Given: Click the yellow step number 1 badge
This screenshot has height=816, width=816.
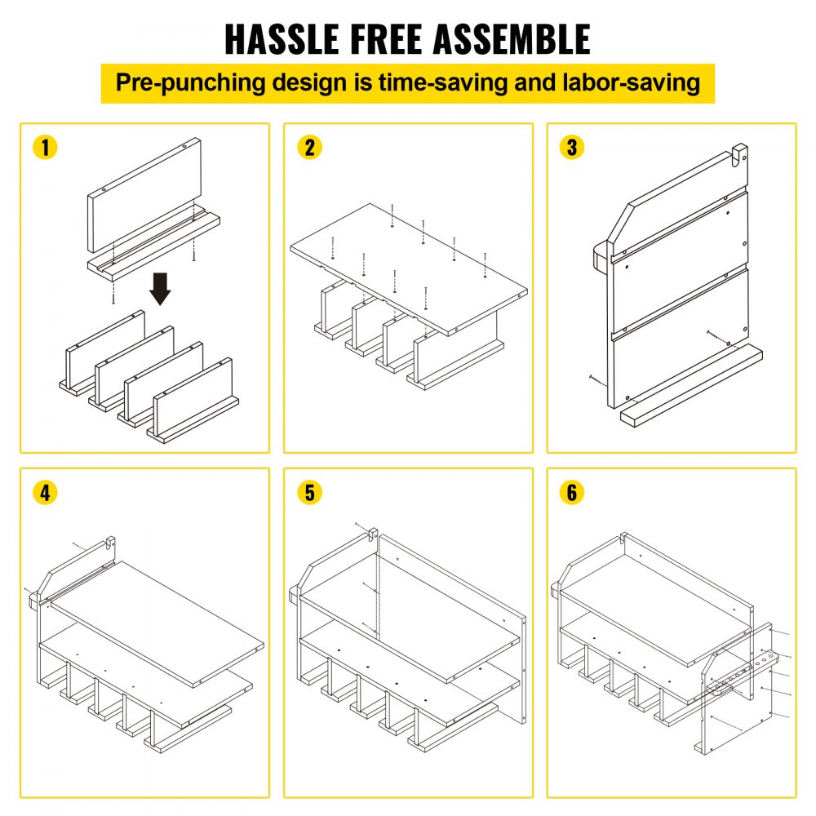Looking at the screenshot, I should [x=47, y=148].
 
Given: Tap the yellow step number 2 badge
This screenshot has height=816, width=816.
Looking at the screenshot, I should [x=310, y=148].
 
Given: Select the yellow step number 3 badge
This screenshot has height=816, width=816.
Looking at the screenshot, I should [x=573, y=148].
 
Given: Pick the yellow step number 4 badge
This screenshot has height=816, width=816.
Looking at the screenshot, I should [x=47, y=493].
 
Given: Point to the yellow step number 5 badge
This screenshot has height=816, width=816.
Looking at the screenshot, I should [x=310, y=493].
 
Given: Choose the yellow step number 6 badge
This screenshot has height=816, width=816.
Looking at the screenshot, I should [x=573, y=493].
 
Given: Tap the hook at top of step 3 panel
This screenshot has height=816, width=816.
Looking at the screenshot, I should [x=738, y=154].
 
